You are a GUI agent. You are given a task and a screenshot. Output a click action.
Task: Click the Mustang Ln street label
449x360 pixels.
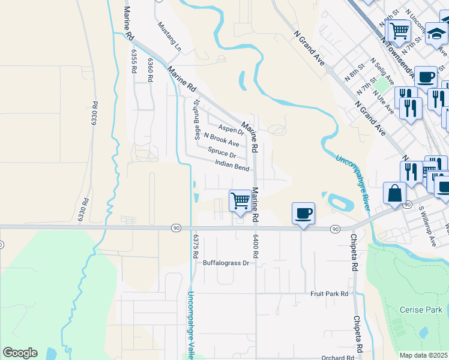[169, 35]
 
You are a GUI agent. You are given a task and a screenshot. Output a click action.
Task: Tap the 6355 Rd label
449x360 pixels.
[133, 61]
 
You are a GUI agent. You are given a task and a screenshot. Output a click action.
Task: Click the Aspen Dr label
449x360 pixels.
[231, 130]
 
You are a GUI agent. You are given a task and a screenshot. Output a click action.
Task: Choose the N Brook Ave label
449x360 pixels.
[221, 140]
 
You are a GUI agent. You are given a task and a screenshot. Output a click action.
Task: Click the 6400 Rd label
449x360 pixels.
[255, 246]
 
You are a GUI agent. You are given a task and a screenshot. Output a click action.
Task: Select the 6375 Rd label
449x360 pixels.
[195, 246]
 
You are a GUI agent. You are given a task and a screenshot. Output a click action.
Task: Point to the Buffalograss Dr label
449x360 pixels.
[225, 263]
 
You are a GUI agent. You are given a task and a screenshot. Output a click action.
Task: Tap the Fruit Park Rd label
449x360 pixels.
[330, 294]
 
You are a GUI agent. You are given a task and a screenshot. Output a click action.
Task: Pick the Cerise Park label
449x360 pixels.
[421, 310]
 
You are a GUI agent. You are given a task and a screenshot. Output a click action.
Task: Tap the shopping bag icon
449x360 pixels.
[396, 193]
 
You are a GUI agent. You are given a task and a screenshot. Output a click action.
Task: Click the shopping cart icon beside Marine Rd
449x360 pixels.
[240, 200]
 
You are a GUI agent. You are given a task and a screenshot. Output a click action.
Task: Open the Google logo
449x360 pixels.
[20, 353]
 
